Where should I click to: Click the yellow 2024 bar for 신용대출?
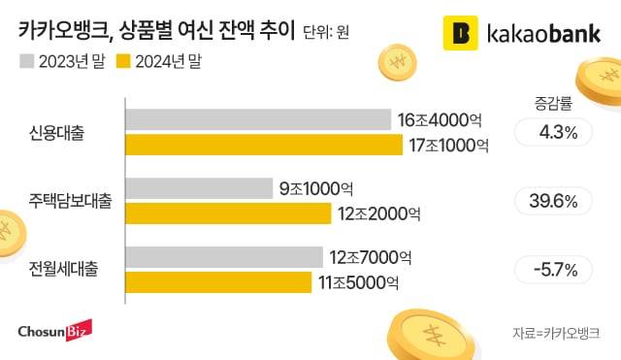[x=263, y=145]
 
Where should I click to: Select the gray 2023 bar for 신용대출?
[x=257, y=120]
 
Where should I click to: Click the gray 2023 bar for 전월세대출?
[x=223, y=257]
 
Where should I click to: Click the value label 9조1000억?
[x=315, y=188]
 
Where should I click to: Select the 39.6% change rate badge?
[x=551, y=201]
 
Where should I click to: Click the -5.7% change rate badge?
[x=551, y=269]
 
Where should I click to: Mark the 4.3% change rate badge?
[x=551, y=133]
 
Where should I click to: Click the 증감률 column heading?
[x=550, y=101]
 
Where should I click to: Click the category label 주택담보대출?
[x=70, y=202]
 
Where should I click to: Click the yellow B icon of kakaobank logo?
[x=461, y=32]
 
